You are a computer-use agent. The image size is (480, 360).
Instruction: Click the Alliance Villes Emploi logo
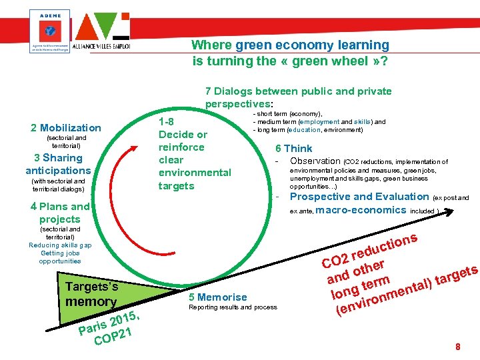[x=102, y=32]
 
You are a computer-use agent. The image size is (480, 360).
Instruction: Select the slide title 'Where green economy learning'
[x=290, y=45]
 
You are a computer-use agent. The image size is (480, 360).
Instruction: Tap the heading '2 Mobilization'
[x=66, y=128]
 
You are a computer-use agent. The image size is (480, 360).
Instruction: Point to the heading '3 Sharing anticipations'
[x=58, y=164]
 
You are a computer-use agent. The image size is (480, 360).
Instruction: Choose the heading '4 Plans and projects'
[x=60, y=213]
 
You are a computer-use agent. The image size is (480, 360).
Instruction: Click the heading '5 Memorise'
[x=218, y=297]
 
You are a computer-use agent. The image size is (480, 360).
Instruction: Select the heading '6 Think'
[x=294, y=149]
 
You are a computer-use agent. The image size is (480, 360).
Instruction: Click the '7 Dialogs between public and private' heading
[x=298, y=91]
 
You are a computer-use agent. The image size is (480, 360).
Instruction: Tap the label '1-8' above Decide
[x=166, y=122]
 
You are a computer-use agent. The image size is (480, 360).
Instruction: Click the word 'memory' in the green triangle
[x=91, y=302]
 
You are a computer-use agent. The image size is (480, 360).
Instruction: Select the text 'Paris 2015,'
[x=109, y=323]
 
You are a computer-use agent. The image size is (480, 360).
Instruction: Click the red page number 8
[x=457, y=347]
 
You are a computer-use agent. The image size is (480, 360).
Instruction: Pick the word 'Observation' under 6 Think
[x=315, y=161]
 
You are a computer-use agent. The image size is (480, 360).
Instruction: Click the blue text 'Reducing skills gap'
[x=60, y=245]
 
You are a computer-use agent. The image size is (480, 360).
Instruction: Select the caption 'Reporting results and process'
[x=233, y=308]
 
